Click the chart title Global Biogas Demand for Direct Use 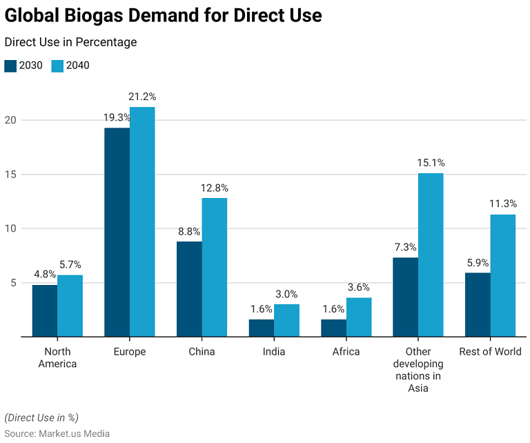[x=164, y=14]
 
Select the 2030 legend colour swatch [x=10, y=66]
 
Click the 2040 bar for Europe [x=142, y=221]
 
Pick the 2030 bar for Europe [x=117, y=233]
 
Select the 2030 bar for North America [x=45, y=311]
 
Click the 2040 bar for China [x=214, y=267]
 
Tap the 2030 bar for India [x=262, y=328]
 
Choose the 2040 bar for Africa [x=359, y=317]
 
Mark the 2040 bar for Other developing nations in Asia [x=431, y=255]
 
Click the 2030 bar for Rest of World [x=478, y=304]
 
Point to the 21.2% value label [x=142, y=97]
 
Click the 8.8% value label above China [x=189, y=231]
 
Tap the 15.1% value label [x=431, y=163]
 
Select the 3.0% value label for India [x=286, y=294]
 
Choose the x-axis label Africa [x=346, y=352]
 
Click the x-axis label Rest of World [x=490, y=352]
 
